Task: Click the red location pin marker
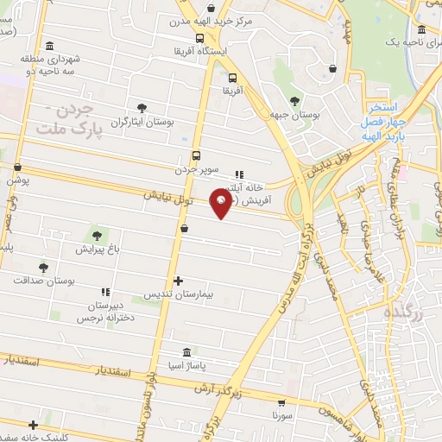click(x=224, y=204)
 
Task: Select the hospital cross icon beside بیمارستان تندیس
click(x=178, y=281)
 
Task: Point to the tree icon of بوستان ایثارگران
click(x=143, y=107)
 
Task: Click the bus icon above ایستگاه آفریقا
click(x=200, y=38)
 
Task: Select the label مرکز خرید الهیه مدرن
click(x=203, y=22)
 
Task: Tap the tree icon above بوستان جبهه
click(x=296, y=99)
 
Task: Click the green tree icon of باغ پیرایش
click(x=97, y=234)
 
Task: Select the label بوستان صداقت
click(x=44, y=281)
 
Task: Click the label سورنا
click(x=282, y=416)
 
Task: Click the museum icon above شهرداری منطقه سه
click(x=48, y=46)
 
